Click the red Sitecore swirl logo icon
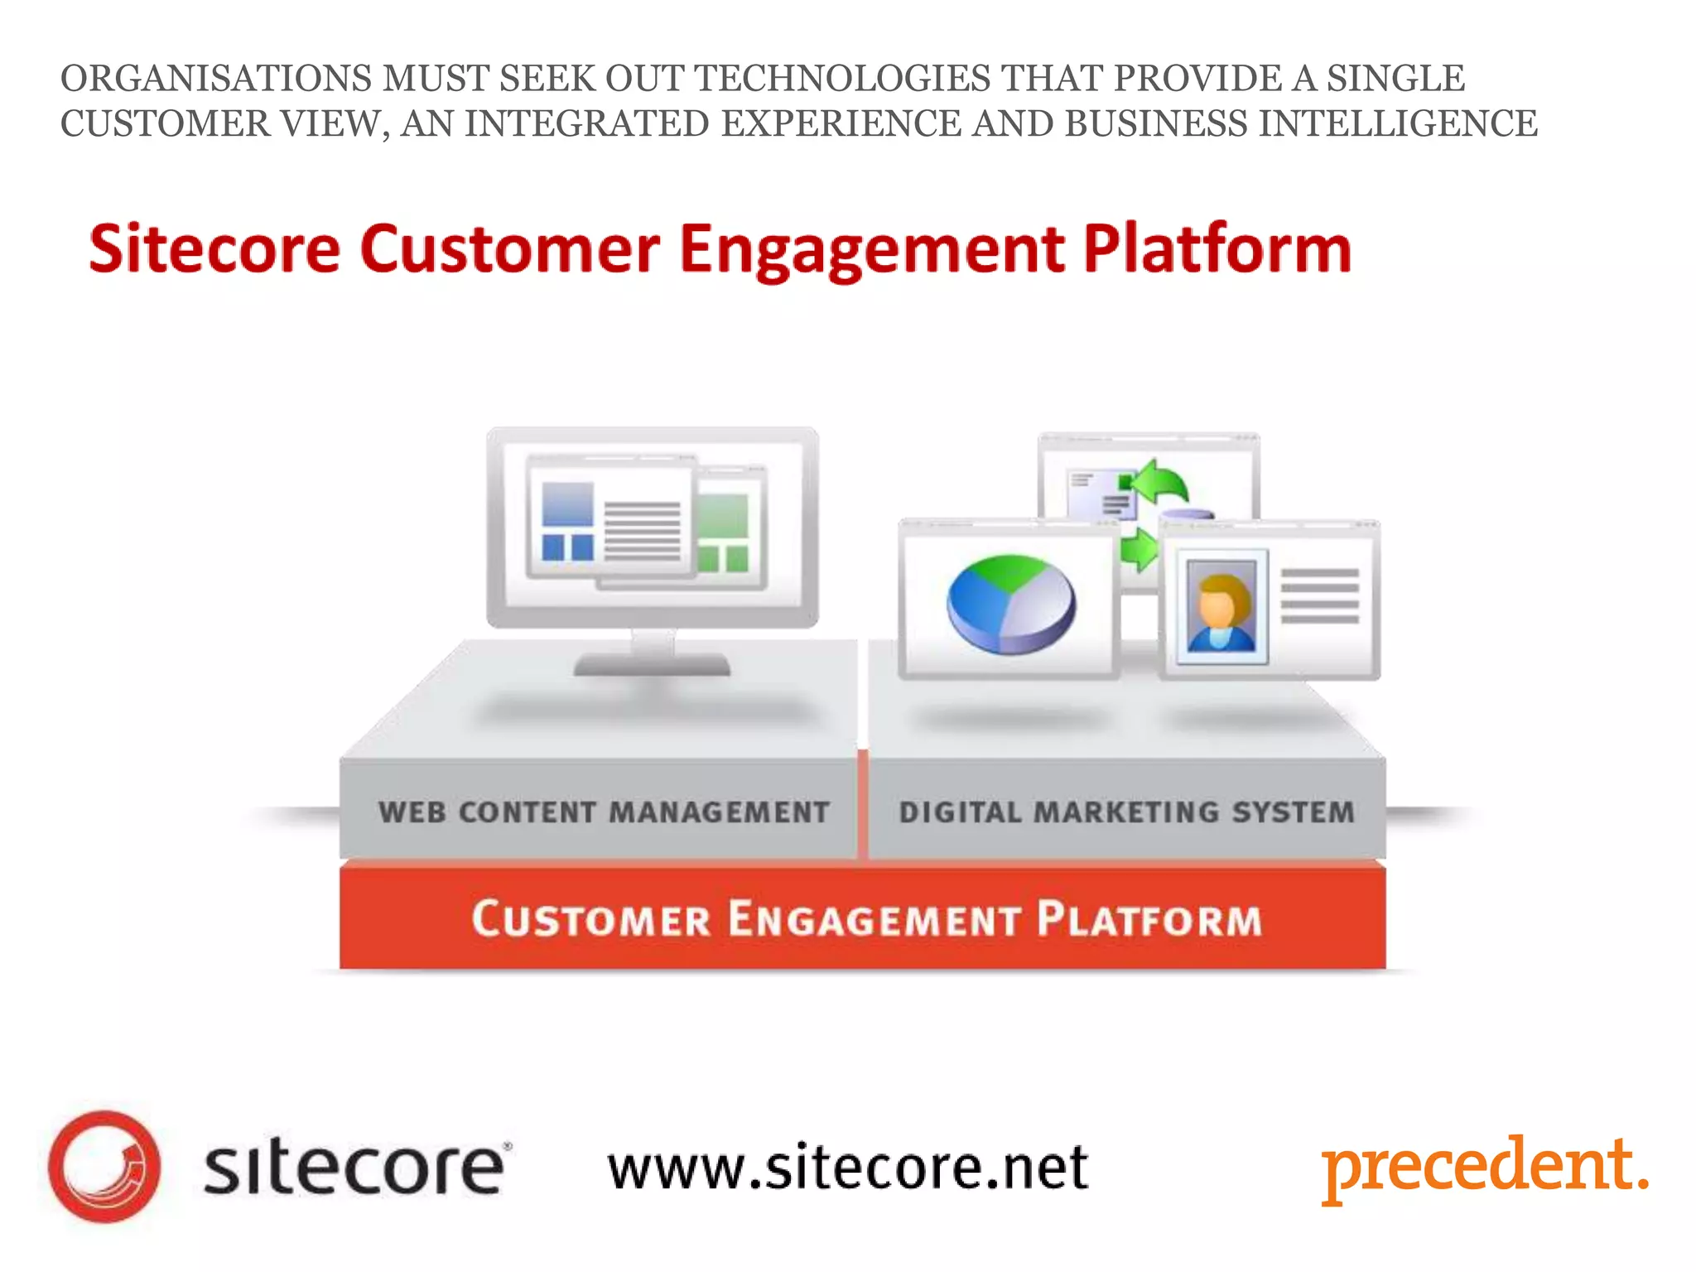coord(104,1166)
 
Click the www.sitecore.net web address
coord(847,1168)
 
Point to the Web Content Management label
coord(604,812)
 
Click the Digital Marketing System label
coord(1126,812)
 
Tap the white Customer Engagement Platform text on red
coord(866,918)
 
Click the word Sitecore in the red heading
coord(214,248)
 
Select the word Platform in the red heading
coord(1217,248)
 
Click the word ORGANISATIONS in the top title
coord(216,79)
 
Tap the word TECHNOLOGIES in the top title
coord(842,79)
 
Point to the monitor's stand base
coord(652,664)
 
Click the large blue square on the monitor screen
coord(567,504)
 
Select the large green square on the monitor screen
coord(723,515)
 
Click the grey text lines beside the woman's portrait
coord(1319,596)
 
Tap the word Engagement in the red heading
coord(872,248)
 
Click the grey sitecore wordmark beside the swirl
coord(354,1168)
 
